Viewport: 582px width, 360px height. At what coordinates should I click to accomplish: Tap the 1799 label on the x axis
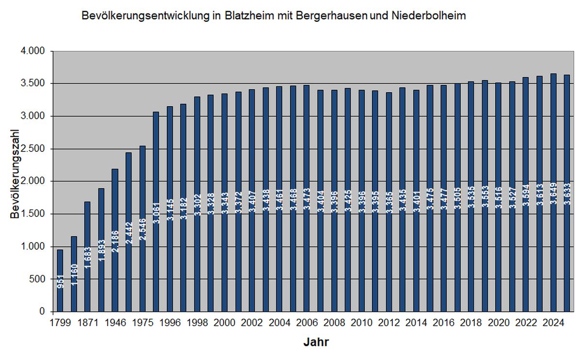pos(60,322)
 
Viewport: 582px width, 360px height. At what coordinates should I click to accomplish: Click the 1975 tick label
pos(142,322)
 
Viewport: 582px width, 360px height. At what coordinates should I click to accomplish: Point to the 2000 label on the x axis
pos(224,322)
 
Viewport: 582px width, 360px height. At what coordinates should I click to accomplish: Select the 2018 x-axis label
pos(471,322)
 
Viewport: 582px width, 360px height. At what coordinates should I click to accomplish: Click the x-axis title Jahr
pos(316,343)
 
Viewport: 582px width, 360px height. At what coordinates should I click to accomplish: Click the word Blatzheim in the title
pos(247,16)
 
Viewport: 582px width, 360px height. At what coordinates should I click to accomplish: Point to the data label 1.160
pos(74,274)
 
